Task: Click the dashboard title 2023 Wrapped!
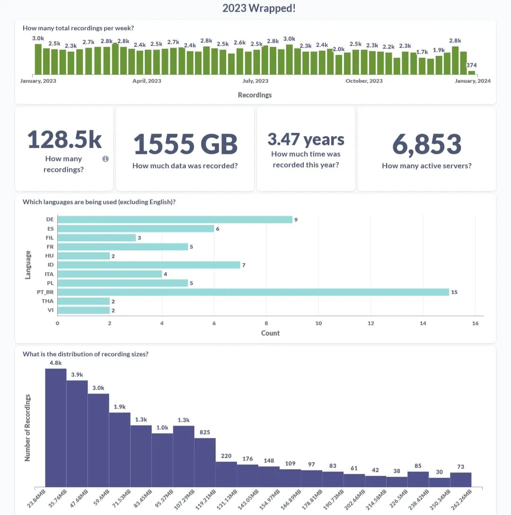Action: (x=259, y=8)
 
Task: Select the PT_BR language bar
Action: (x=253, y=292)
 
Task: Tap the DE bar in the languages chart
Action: (x=175, y=220)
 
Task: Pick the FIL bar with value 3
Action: (x=97, y=238)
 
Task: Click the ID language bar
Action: (x=149, y=265)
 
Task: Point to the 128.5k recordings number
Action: (x=64, y=140)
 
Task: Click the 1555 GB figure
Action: (x=185, y=144)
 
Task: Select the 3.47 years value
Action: (x=306, y=139)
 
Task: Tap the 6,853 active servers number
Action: (x=426, y=144)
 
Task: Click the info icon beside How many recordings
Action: (x=106, y=159)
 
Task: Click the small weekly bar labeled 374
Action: (x=471, y=72)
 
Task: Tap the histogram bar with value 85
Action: (x=418, y=479)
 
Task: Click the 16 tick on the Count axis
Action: (x=475, y=323)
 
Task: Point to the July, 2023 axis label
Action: (x=255, y=81)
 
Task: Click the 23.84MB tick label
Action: (x=35, y=501)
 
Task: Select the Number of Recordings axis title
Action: (x=27, y=427)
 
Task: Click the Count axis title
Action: (x=270, y=333)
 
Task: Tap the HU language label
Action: (x=50, y=256)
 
